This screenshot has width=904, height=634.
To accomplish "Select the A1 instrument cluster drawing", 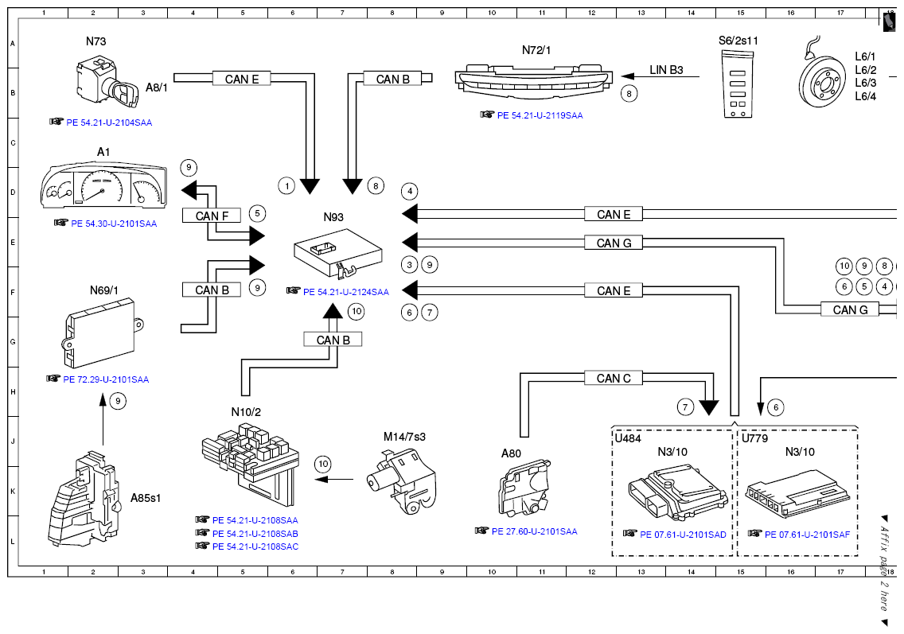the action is (x=103, y=185).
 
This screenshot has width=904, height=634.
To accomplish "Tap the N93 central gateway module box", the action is (x=338, y=253).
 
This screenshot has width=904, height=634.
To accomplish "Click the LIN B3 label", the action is (x=667, y=70).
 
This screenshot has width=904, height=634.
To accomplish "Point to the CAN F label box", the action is (x=212, y=216).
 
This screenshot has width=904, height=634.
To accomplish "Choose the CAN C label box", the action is (x=614, y=378).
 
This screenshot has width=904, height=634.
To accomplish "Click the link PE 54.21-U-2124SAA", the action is (x=346, y=292).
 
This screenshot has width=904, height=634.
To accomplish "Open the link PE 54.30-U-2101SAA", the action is (x=114, y=224).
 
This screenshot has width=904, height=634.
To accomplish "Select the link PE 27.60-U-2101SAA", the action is (x=535, y=531).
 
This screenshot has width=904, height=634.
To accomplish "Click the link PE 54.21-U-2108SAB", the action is (x=255, y=534).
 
